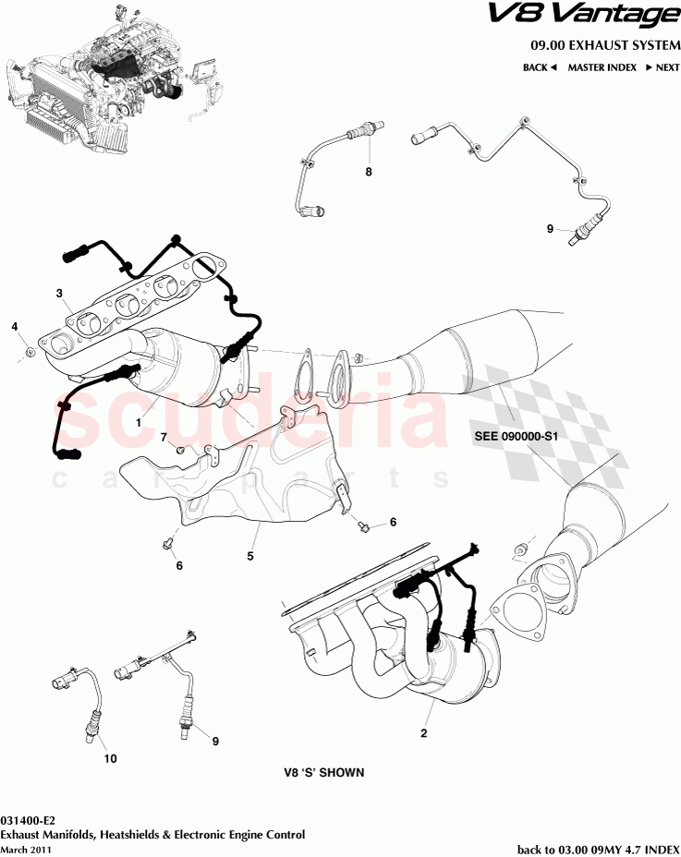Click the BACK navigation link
[x=540, y=67]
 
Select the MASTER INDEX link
[x=602, y=67]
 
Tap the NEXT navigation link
[x=663, y=67]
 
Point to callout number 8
[x=368, y=172]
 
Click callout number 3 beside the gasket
[x=58, y=294]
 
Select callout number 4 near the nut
[x=15, y=326]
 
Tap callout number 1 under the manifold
[x=138, y=420]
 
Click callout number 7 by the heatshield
[x=164, y=437]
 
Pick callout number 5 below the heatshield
[x=249, y=557]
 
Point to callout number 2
[x=424, y=734]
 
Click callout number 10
[x=110, y=760]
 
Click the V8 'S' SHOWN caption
[x=324, y=773]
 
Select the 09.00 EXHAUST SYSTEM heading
[x=604, y=45]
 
